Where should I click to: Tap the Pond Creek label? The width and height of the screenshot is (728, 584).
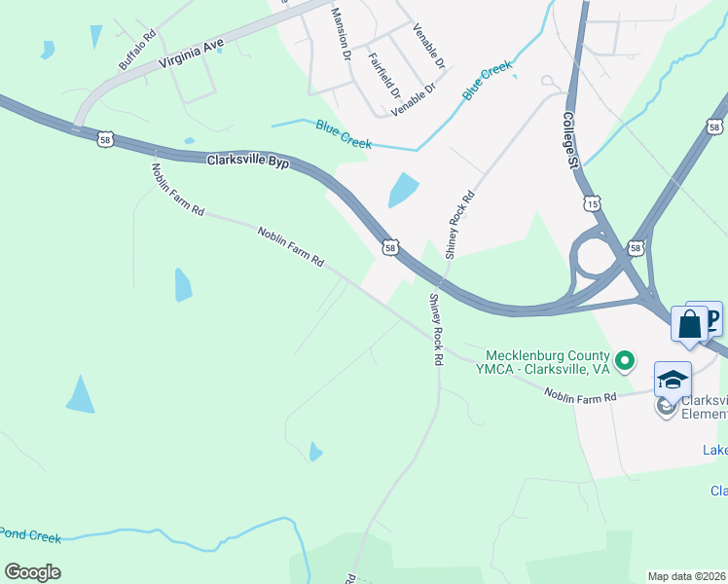[30, 535]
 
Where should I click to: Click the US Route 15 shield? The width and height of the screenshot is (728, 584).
[592, 203]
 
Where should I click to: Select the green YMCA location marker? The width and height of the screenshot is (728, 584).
[624, 363]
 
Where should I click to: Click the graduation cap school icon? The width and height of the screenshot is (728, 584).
[673, 380]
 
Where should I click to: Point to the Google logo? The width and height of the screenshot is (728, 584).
[32, 572]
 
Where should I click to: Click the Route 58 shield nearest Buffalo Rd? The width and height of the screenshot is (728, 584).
[105, 140]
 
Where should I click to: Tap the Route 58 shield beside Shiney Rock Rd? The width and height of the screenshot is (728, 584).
[389, 248]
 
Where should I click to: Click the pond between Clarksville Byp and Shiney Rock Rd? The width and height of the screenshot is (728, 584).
[403, 189]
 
